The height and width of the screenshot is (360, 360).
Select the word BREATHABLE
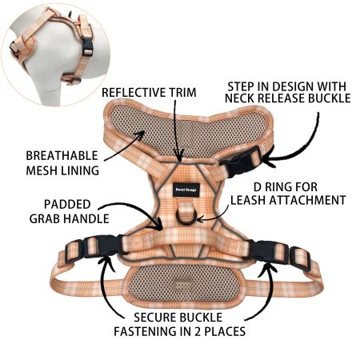(62, 156)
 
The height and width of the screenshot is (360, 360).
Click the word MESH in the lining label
(42, 170)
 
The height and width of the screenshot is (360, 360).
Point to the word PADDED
(67, 205)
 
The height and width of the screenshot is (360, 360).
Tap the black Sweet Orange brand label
(186, 190)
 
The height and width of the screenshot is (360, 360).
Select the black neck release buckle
(242, 161)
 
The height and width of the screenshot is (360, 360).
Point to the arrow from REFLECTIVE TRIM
(176, 130)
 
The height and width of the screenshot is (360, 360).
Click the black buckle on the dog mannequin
(87, 47)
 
